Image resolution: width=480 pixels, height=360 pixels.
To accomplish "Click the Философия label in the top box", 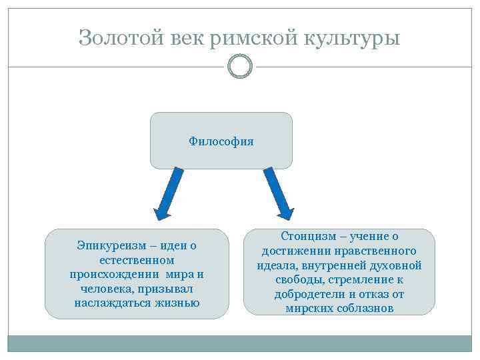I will [x=221, y=141].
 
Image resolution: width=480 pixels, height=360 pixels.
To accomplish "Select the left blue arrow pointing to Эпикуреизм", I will [x=169, y=194].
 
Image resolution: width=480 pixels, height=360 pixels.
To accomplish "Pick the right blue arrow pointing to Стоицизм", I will [x=279, y=193].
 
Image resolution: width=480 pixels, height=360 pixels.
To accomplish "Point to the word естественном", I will [x=136, y=260].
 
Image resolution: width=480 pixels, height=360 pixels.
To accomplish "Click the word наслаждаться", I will [x=109, y=303].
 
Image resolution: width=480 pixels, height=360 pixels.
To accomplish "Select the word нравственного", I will [x=378, y=251].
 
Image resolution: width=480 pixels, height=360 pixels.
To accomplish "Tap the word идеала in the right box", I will [x=276, y=265].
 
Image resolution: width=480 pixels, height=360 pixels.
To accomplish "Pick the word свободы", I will [x=297, y=280].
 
